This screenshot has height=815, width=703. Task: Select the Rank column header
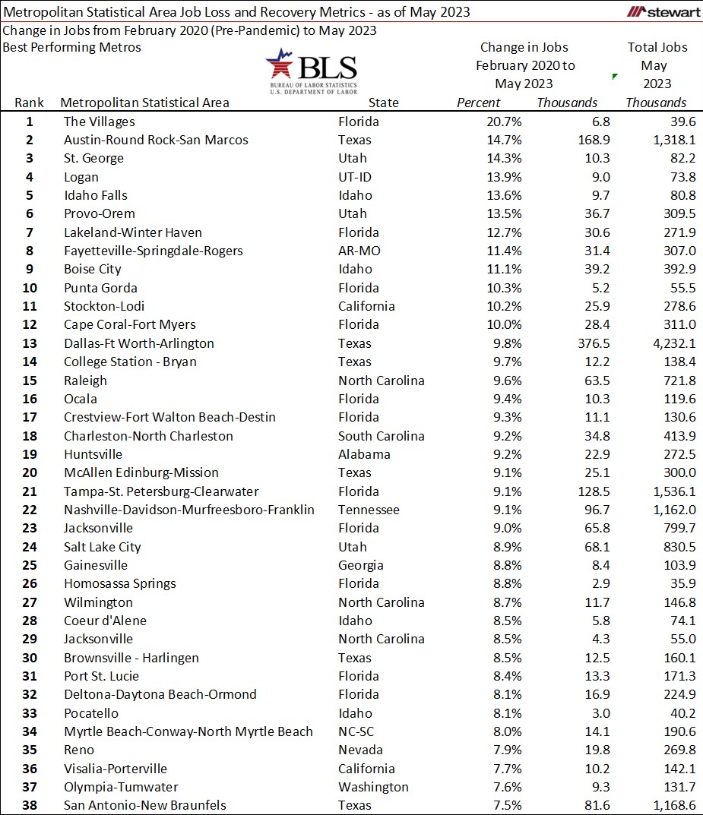point(30,103)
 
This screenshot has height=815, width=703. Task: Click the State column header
point(383,103)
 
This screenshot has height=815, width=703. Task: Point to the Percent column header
point(478,103)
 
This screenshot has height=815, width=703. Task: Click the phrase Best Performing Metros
point(71,47)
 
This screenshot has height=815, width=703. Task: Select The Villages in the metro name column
point(99,122)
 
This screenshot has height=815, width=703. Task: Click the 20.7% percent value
point(484,122)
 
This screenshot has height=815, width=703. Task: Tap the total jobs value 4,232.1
point(662,343)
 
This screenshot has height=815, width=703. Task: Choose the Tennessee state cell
point(369,510)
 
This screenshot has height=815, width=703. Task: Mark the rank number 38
point(30,805)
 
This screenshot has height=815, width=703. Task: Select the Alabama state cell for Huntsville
point(364,454)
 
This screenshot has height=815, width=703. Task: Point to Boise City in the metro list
point(92,269)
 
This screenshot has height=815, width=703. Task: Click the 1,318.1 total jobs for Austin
point(662,140)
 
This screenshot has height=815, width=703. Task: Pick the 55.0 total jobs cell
point(672,639)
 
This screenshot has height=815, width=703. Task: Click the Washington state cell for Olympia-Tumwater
point(373,787)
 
